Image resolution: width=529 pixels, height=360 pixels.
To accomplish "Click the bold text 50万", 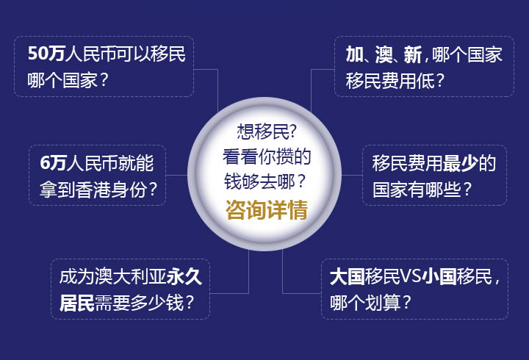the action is point(46,54).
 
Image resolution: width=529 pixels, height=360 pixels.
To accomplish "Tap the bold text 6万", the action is point(53,163).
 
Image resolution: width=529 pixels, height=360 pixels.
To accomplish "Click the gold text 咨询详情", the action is point(267,209).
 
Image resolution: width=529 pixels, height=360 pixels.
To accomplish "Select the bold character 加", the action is point(355,54).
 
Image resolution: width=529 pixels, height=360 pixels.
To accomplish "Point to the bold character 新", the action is point(413,54).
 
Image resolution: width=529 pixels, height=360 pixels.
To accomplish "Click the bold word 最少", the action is point(460,163).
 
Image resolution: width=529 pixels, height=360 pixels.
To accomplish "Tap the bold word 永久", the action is point(184,277).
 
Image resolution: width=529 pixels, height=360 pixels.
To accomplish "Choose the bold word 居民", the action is point(77,303).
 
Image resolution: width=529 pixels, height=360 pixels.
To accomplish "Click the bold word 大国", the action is point(347,277).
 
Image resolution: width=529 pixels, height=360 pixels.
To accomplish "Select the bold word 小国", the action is point(439,277).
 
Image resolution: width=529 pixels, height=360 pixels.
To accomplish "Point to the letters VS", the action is point(411,277).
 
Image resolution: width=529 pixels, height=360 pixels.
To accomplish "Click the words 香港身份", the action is point(110,190).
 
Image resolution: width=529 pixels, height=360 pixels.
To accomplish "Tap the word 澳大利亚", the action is point(130,277).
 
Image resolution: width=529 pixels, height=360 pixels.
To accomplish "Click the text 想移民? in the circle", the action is point(267,132).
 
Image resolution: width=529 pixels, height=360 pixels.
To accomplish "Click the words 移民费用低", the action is point(390,81).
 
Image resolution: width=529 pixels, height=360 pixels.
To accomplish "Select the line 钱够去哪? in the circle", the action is point(264,181).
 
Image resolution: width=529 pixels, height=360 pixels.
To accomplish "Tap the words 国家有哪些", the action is point(417,190).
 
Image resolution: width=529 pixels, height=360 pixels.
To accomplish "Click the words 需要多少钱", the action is point(140,303).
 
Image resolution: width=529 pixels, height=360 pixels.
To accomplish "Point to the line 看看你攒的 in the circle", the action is point(267,156).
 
